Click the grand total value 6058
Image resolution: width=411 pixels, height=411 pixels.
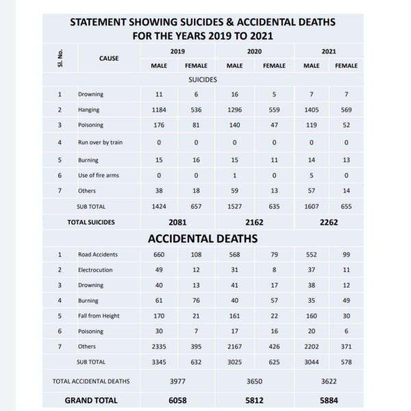(177, 400)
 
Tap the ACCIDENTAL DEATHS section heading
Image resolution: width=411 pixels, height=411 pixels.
(203, 238)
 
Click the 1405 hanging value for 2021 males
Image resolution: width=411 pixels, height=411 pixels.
(311, 110)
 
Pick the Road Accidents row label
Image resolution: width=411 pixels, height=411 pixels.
(98, 254)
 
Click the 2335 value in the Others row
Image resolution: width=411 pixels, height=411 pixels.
(158, 347)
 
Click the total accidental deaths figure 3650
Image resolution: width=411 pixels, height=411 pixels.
(255, 380)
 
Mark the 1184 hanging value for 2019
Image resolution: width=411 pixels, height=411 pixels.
(158, 110)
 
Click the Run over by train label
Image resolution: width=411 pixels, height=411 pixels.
(101, 142)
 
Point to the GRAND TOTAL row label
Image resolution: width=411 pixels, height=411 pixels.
(90, 400)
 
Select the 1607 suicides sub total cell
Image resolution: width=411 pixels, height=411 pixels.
(311, 206)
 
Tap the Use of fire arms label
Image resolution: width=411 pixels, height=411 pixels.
(99, 175)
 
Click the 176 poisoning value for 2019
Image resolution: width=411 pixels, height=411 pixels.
(158, 125)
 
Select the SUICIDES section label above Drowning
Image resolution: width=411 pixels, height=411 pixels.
(203, 79)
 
